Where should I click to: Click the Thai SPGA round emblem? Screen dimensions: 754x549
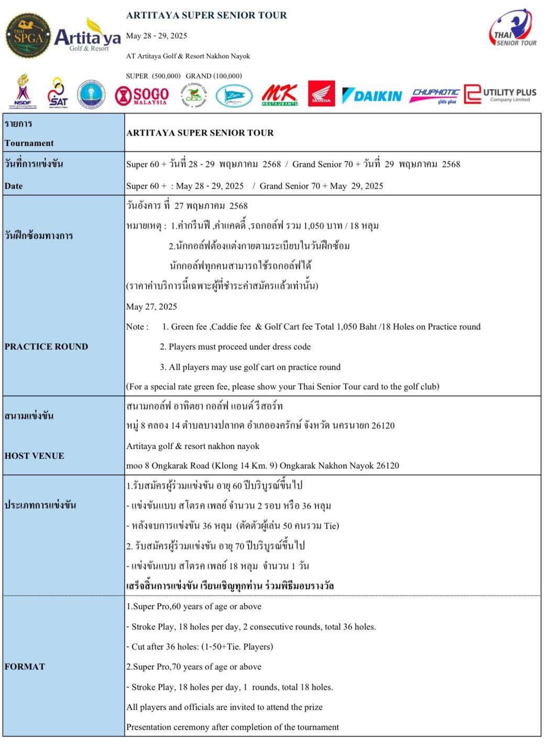(28, 36)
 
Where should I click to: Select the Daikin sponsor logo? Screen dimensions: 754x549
(371, 96)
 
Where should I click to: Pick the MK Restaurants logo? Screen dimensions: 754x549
(280, 95)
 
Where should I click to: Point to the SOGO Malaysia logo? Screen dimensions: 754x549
(142, 96)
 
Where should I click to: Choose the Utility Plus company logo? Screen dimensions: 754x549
(500, 95)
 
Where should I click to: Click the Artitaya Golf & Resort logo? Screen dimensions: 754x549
(87, 36)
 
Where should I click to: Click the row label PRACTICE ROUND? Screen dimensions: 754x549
(46, 347)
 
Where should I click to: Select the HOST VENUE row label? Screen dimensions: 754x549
(35, 456)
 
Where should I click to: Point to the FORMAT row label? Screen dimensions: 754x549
(25, 667)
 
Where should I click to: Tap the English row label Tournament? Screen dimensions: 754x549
(29, 143)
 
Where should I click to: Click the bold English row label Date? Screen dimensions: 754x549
(14, 186)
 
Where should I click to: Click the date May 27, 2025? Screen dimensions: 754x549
(151, 307)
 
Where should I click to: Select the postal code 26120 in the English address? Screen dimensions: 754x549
(387, 465)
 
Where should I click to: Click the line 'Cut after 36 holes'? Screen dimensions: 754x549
(200, 647)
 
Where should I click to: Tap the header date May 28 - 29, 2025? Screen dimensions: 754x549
(157, 36)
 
